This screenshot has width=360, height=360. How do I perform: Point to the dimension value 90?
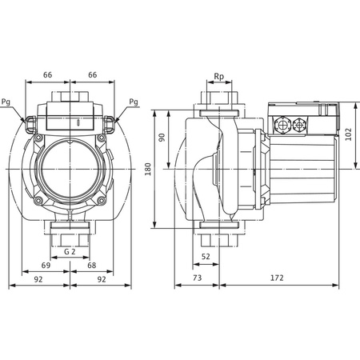pos(161,137)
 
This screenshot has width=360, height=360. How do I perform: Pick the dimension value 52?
pos(206,256)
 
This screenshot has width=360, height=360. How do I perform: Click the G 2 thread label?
pos(70,250)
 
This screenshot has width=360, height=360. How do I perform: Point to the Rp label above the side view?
pos(219,77)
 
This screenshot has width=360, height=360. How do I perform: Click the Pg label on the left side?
pos(7,102)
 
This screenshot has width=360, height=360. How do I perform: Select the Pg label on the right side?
pos(132,102)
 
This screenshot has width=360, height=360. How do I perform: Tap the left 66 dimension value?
pos(47,74)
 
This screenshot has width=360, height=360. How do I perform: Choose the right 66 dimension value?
pos(94,74)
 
